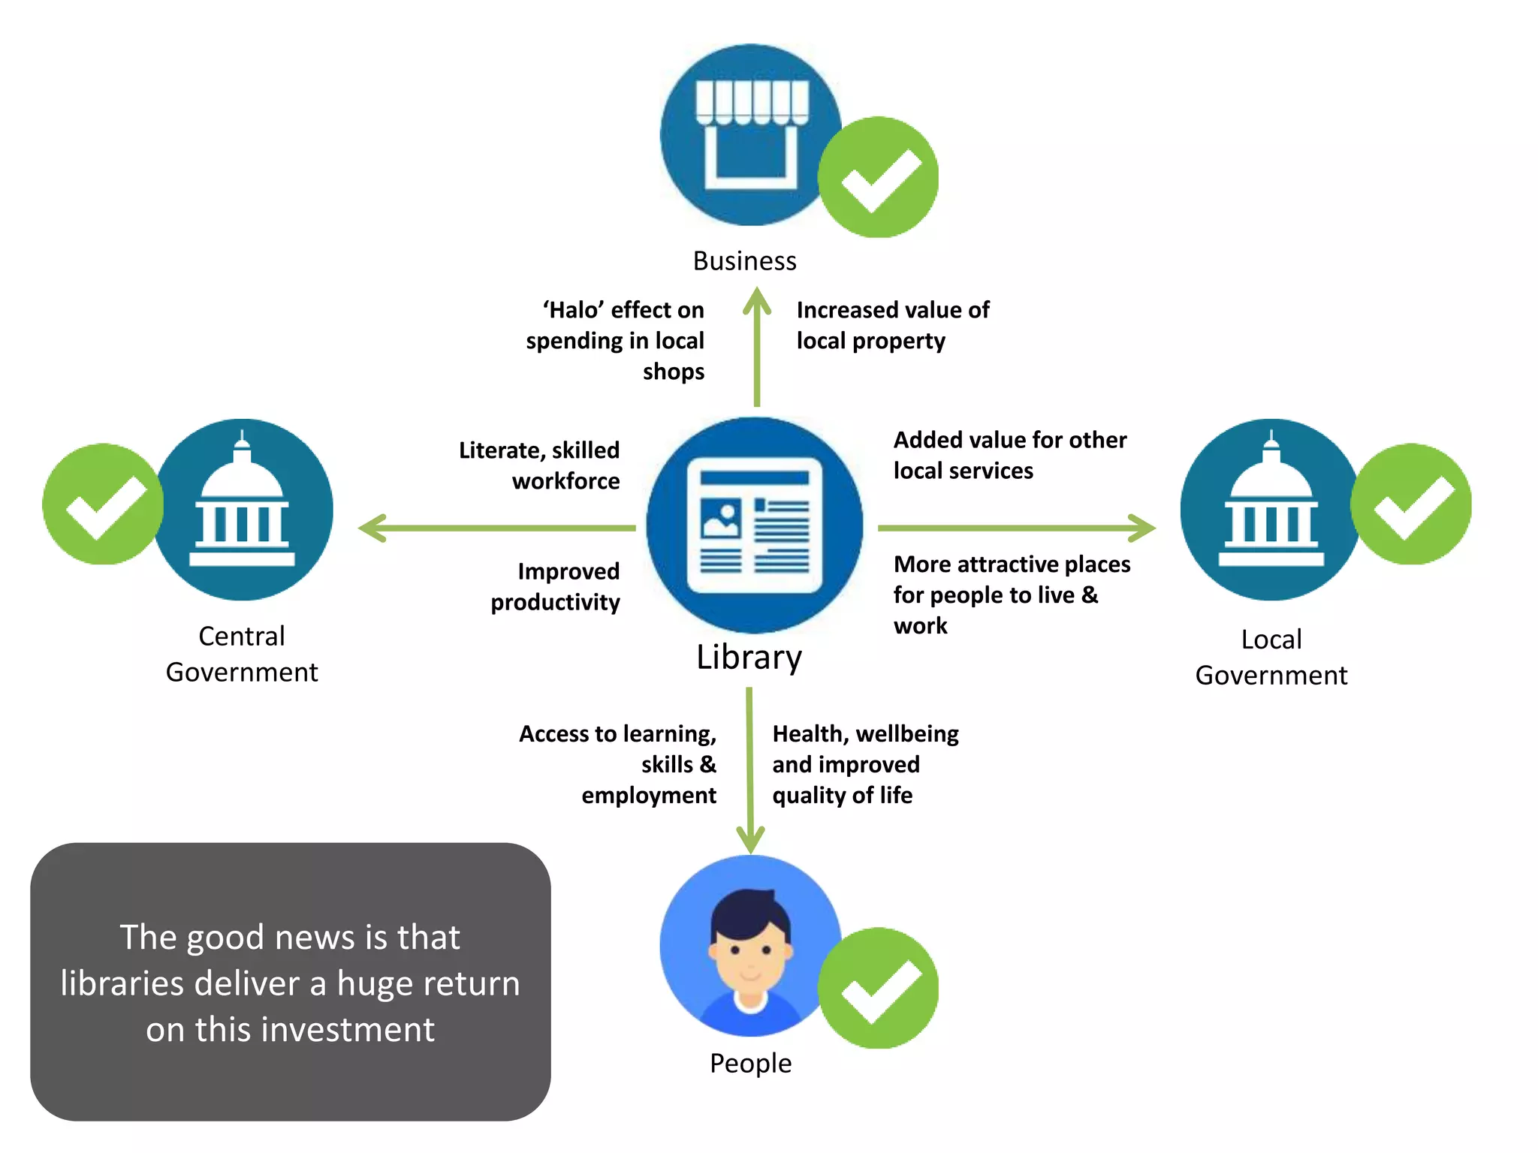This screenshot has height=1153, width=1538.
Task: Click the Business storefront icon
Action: pos(751,135)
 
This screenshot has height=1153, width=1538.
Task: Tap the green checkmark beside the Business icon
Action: pos(879,177)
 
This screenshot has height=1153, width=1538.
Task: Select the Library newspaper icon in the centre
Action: pos(754,525)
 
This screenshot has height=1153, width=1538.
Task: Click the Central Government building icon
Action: pos(243,509)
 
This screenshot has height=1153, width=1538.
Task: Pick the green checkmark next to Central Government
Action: pos(103,504)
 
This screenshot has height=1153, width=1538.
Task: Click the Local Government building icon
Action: pos(1271,509)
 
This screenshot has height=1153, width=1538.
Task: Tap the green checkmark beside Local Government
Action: pos(1411,504)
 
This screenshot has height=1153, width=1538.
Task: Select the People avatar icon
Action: pos(751,946)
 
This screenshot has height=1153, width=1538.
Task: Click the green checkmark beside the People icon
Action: pos(879,988)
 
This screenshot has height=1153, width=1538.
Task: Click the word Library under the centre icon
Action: pos(749,658)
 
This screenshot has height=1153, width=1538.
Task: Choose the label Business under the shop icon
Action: pos(744,261)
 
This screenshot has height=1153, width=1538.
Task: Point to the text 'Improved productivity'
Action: pos(556,586)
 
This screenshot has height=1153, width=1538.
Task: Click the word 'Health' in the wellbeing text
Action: pos(807,733)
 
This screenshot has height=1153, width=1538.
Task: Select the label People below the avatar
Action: pos(750,1064)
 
